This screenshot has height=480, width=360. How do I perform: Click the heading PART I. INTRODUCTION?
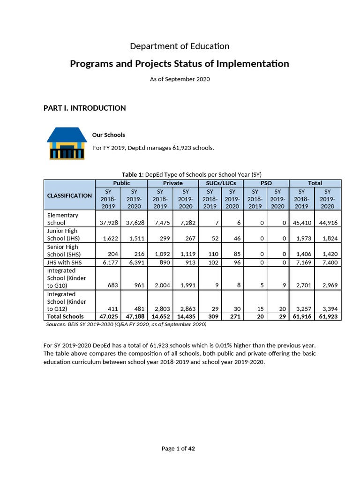pyautogui.click(x=84, y=108)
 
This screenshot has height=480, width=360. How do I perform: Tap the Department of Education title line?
pyautogui.click(x=180, y=46)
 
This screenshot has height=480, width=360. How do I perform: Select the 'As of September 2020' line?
pyautogui.click(x=180, y=79)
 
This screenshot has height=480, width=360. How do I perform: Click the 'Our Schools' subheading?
pyautogui.click(x=108, y=135)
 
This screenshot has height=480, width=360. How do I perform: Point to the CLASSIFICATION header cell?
pyautogui.click(x=69, y=195)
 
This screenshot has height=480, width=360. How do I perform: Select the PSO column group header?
pyautogui.click(x=266, y=183)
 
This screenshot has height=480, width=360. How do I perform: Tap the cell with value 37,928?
pyautogui.click(x=108, y=223)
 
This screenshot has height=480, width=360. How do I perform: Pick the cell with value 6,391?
pyautogui.click(x=134, y=262)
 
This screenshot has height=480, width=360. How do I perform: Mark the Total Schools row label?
pyautogui.click(x=65, y=317)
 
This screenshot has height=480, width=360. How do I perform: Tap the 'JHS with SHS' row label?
pyautogui.click(x=65, y=262)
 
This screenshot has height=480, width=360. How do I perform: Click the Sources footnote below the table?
pyautogui.click(x=126, y=324)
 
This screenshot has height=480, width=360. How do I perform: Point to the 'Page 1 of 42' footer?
pyautogui.click(x=178, y=449)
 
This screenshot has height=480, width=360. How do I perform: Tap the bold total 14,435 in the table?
pyautogui.click(x=185, y=317)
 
